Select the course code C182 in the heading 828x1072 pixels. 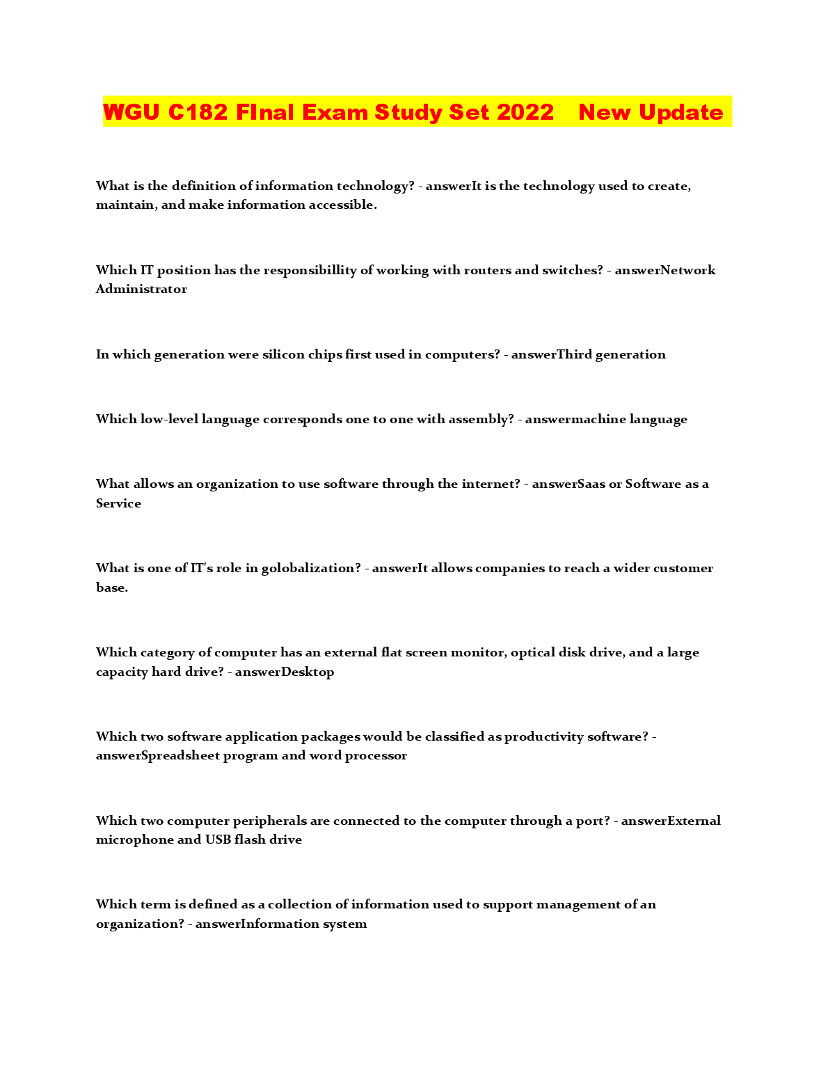(198, 112)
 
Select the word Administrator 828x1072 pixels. (141, 289)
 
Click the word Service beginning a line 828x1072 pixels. (118, 503)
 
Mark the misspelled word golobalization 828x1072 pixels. (310, 568)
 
